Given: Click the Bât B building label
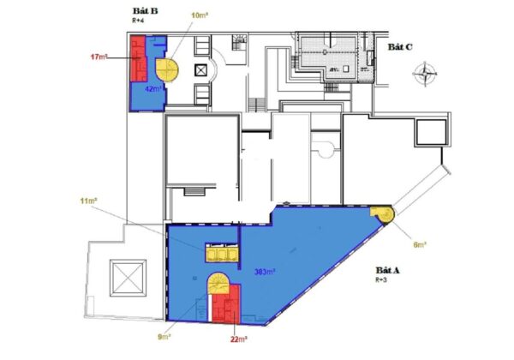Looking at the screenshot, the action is pos(146,11).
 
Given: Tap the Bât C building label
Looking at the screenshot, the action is pos(400,47).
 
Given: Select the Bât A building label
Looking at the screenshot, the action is pos(388,271).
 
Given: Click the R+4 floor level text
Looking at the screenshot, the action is pos(138,21).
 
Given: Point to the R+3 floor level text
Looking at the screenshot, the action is pos(381,280).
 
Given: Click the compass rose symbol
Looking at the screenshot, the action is pos(425,74).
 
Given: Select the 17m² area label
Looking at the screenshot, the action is pos(99,57).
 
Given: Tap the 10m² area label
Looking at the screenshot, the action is pos(200,15).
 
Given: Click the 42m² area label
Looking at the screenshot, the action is pos(153,89).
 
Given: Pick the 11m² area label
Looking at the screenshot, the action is pos(88,201).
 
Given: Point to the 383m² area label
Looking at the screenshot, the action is pos(265,272).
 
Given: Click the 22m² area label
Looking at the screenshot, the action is pos(239,339).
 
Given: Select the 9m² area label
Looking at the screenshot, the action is pos(164,337).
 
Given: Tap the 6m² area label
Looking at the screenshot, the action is pos(420,244).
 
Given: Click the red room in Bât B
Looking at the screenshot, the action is pos(138,58).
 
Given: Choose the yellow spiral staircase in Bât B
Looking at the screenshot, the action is pos(167,69).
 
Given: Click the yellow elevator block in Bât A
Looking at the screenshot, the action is pos(221,253).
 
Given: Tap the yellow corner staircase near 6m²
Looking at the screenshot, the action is pos(383,213).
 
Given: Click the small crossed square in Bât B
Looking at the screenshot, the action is pos(200,70).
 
